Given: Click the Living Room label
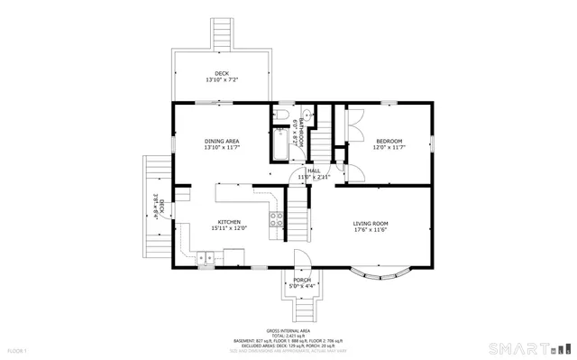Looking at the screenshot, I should pyautogui.click(x=370, y=223).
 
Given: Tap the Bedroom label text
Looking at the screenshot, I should pyautogui.click(x=389, y=141).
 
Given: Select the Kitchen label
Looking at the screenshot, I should pyautogui.click(x=228, y=222).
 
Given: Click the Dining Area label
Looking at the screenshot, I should pyautogui.click(x=221, y=142).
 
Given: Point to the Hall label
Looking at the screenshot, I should pyautogui.click(x=314, y=171).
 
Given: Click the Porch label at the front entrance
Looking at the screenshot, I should pyautogui.click(x=302, y=280).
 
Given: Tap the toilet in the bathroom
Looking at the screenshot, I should pyautogui.click(x=280, y=115).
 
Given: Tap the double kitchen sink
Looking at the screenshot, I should pyautogui.click(x=205, y=258).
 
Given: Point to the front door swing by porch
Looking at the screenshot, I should pyautogui.click(x=306, y=258).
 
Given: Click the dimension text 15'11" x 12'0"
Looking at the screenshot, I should pyautogui.click(x=229, y=228).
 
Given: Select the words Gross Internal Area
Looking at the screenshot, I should pyautogui.click(x=288, y=330).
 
